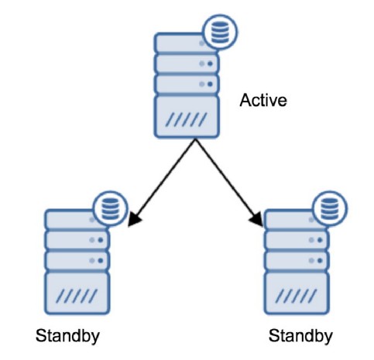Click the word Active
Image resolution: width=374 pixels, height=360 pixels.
(x=263, y=100)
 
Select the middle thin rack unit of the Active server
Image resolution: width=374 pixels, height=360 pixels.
(x=187, y=63)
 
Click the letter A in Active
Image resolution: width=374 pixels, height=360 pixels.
(x=244, y=100)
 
